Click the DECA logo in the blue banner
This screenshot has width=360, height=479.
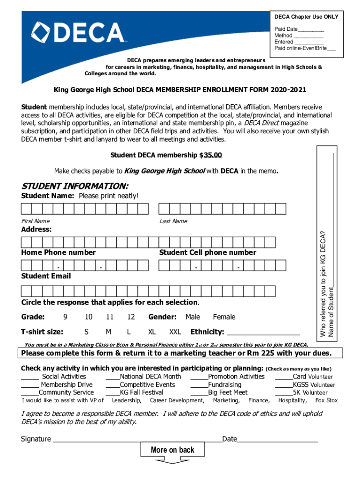point(78,33)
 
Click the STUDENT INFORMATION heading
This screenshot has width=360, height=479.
point(75,186)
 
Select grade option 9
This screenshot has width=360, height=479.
point(65,317)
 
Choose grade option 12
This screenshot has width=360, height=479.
point(131,317)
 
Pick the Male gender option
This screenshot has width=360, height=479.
point(193,317)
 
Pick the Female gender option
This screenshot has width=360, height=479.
point(224,317)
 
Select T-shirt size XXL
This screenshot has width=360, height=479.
point(175,332)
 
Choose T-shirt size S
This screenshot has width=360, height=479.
point(86,332)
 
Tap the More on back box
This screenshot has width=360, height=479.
point(173,450)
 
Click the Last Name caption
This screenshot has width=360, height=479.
point(173,221)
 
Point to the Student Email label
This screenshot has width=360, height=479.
point(46,276)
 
